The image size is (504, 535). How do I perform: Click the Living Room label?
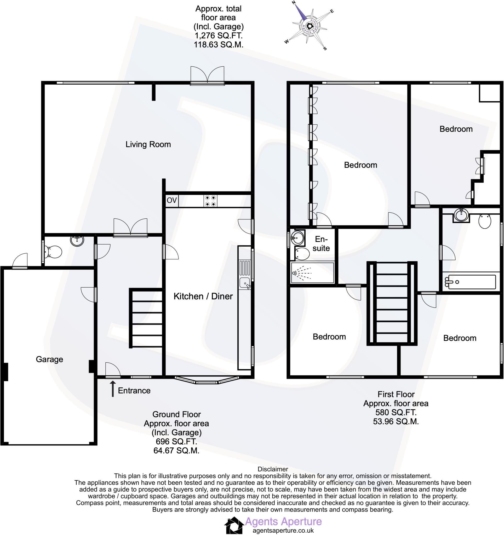pyautogui.click(x=148, y=144)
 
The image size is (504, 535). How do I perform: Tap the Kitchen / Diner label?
pyautogui.click(x=203, y=296)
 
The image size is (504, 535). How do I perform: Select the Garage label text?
pyautogui.click(x=50, y=359)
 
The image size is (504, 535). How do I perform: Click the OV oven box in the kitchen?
pyautogui.click(x=172, y=200)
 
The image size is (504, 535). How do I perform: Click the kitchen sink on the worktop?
pyautogui.click(x=245, y=283)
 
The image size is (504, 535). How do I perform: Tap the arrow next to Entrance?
pyautogui.click(x=113, y=389)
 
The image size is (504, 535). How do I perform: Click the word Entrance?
pyautogui.click(x=134, y=391)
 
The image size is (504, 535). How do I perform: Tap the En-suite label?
pyautogui.click(x=321, y=243)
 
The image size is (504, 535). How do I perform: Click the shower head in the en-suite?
pyautogui.click(x=294, y=273)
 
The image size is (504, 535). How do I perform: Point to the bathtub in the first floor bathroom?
pyautogui.click(x=470, y=282)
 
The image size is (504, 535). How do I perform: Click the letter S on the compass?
pyautogui.click(x=325, y=48)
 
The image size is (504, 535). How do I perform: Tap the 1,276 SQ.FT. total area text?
pyautogui.click(x=218, y=36)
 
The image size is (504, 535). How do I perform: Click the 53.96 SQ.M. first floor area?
pyautogui.click(x=396, y=421)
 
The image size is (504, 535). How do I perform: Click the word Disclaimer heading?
pyautogui.click(x=273, y=469)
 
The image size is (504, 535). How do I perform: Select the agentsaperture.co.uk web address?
pyautogui.click(x=283, y=530)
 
